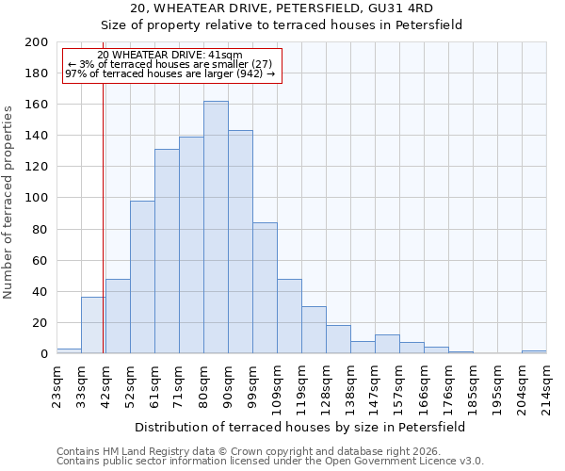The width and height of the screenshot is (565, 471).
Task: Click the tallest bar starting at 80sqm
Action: point(216,227)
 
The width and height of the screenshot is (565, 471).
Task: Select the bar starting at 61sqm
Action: point(167,252)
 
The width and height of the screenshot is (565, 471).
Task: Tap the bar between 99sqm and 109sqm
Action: point(265,288)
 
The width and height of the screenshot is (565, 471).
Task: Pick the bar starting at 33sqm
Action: point(93,325)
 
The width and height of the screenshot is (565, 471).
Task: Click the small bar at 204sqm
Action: point(534,351)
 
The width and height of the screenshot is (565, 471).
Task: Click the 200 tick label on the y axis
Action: point(36,42)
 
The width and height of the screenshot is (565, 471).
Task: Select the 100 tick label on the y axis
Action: point(36,198)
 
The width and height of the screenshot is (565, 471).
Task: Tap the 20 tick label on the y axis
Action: point(40,322)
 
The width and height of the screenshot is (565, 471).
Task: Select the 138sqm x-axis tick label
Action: point(350,384)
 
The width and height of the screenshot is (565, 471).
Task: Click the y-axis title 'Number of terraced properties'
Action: point(9,202)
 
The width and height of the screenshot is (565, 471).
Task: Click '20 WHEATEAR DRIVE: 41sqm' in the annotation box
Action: point(169,55)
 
